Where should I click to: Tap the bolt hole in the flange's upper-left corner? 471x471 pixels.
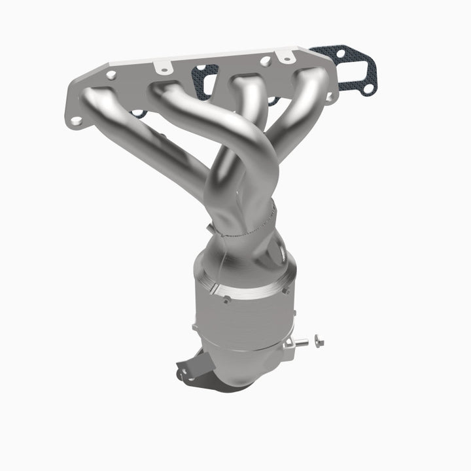point(111,75)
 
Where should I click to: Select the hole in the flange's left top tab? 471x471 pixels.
point(161,66)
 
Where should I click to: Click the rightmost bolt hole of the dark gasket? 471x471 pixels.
point(369,87)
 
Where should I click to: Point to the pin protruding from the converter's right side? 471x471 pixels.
point(298,341)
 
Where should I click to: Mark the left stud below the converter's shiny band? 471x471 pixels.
point(225,300)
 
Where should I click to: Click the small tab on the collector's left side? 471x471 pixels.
point(209,228)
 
